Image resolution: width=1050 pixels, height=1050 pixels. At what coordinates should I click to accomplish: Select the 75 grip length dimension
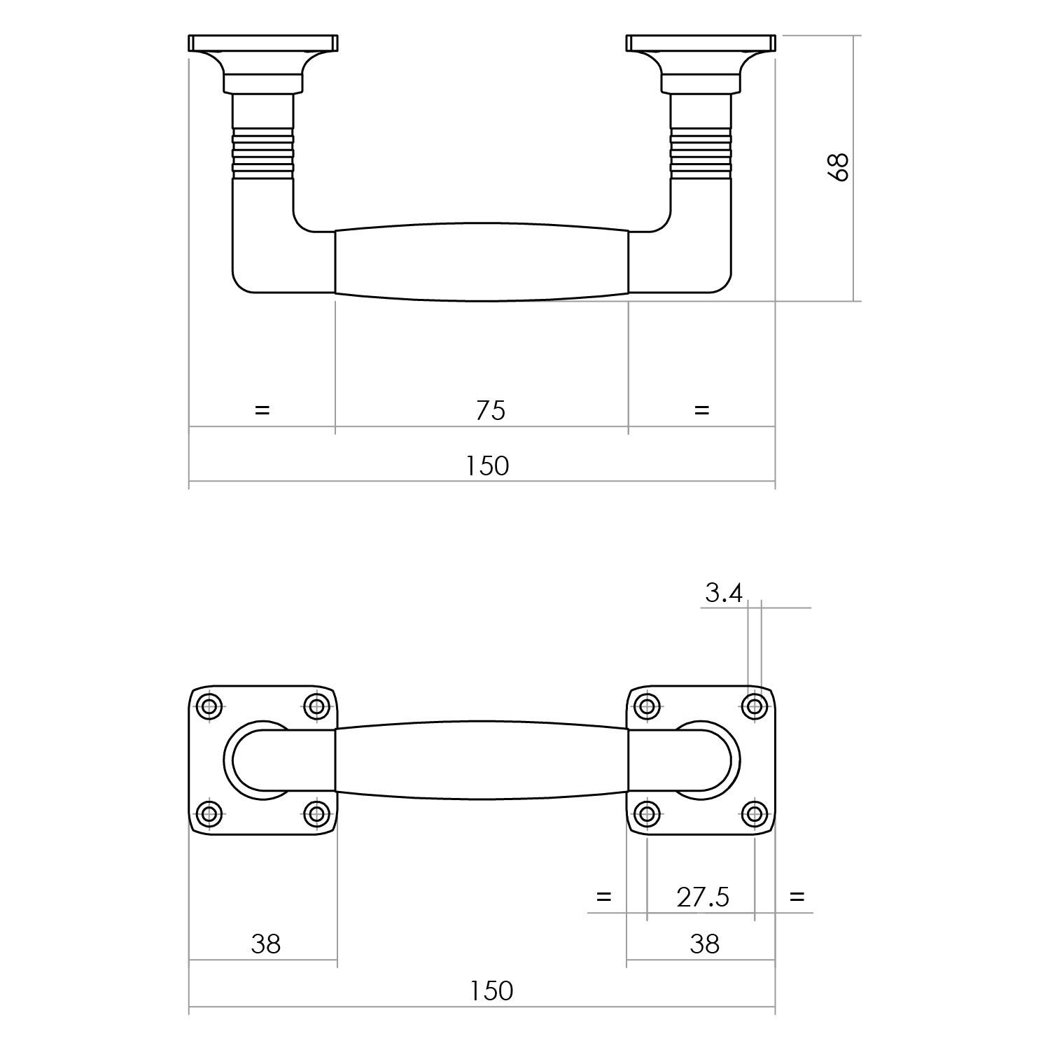pyautogui.click(x=490, y=410)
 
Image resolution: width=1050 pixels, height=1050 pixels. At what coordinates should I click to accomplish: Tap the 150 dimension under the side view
pyautogui.click(x=488, y=465)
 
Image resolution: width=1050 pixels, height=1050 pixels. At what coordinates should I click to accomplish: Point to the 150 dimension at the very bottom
pyautogui.click(x=491, y=990)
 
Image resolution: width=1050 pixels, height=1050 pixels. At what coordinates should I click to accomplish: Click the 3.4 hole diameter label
pyautogui.click(x=723, y=594)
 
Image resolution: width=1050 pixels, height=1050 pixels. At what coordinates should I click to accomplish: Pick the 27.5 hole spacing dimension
pyautogui.click(x=703, y=897)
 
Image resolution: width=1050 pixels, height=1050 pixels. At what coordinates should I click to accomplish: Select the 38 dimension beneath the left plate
pyautogui.click(x=266, y=944)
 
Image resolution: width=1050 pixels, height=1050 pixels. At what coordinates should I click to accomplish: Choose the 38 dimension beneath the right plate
pyautogui.click(x=704, y=944)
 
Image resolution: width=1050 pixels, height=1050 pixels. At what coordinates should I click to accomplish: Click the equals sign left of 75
pyautogui.click(x=262, y=409)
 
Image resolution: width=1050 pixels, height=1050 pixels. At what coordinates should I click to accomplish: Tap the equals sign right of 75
pyautogui.click(x=701, y=409)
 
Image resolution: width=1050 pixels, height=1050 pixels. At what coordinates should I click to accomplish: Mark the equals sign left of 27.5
pyautogui.click(x=603, y=896)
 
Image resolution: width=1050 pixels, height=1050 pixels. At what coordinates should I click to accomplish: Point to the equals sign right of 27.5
pyautogui.click(x=797, y=896)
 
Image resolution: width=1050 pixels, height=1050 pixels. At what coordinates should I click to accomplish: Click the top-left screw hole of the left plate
pyautogui.click(x=209, y=706)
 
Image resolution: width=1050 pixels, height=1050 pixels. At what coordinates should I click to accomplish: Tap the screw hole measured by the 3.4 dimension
pyautogui.click(x=754, y=706)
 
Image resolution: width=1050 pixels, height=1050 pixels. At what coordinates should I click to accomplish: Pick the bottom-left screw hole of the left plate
pyautogui.click(x=209, y=813)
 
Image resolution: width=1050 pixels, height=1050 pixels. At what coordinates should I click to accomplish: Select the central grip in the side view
pyautogui.click(x=482, y=262)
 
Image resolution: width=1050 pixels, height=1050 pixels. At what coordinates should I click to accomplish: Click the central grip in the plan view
pyautogui.click(x=482, y=760)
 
